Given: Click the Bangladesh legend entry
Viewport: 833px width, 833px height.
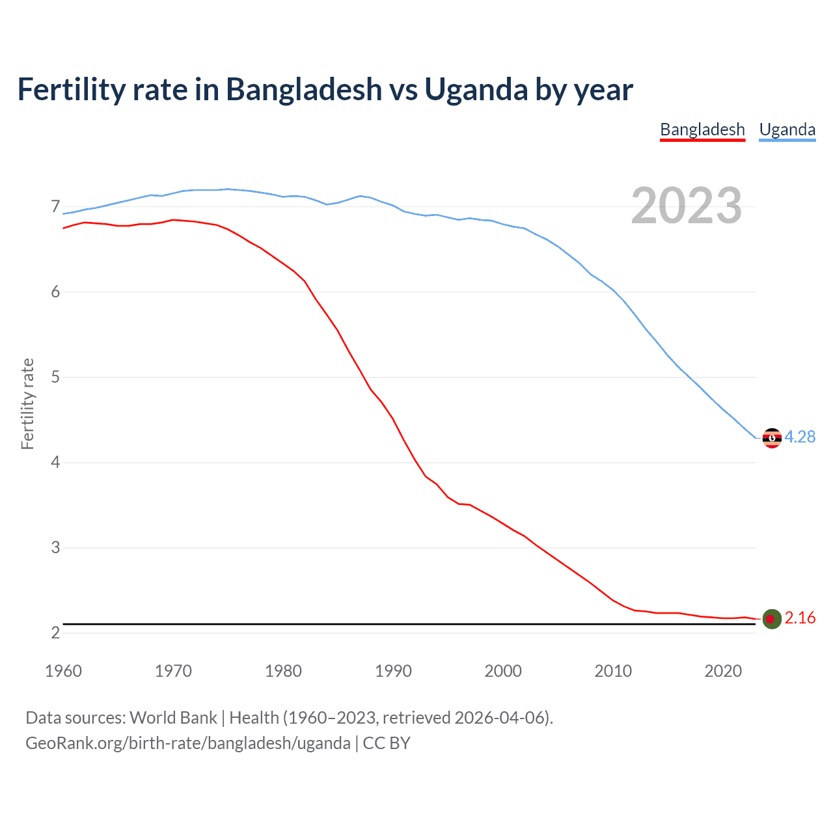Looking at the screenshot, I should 702,130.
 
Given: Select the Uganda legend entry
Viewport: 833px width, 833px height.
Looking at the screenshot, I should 787,130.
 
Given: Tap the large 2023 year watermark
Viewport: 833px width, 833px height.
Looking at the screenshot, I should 686,206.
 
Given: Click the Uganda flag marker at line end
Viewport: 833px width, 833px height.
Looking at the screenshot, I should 771,438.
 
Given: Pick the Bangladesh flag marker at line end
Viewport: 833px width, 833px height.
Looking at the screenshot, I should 771,619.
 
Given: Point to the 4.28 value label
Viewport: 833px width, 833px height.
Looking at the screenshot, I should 800,437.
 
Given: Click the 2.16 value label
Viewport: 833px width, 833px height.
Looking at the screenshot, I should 800,618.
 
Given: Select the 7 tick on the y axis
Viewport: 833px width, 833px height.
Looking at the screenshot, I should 55,207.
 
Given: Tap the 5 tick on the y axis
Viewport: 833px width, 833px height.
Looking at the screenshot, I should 55,377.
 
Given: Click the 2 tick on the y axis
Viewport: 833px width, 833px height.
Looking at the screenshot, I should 55,633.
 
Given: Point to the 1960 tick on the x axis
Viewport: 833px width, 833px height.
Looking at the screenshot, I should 63,671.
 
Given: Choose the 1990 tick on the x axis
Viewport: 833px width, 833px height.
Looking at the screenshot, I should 393,671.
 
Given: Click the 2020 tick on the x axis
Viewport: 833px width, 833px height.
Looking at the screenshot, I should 723,671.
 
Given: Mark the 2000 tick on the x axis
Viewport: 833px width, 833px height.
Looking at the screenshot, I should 503,671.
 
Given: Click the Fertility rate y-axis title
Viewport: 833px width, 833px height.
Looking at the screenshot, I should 27,403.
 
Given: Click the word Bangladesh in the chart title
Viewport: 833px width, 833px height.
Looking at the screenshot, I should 304,90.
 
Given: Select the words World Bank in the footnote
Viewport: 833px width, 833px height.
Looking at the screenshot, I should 173,718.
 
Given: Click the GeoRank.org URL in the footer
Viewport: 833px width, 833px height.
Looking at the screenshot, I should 188,743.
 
